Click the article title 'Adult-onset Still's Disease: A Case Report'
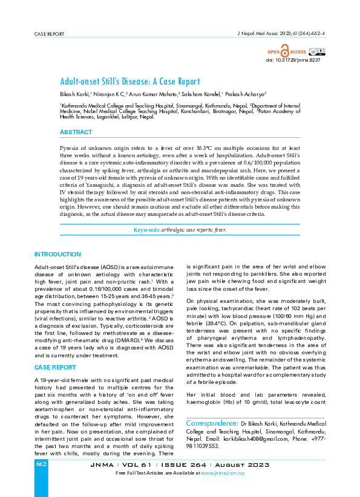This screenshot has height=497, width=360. click(x=129, y=82)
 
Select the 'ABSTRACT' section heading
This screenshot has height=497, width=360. click(x=76, y=132)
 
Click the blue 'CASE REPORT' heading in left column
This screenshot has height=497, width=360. click(x=54, y=367)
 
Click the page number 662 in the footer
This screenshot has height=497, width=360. click(x=41, y=464)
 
